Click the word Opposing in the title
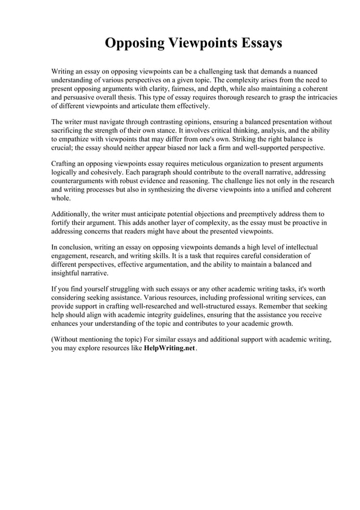[134, 43]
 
